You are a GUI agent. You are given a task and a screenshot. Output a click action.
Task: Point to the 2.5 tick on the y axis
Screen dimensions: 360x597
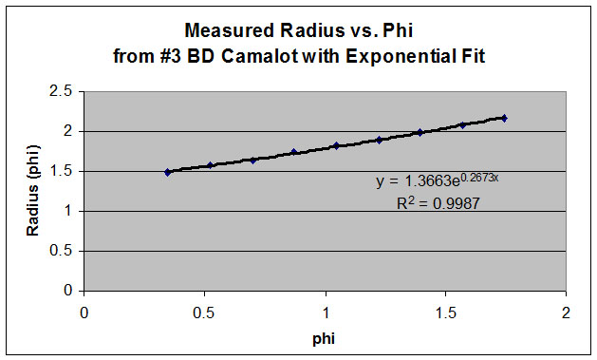click(62, 91)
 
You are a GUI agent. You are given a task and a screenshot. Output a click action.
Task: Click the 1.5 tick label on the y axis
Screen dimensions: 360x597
click(62, 171)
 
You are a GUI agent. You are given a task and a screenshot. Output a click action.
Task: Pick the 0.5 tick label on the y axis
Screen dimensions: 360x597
click(62, 251)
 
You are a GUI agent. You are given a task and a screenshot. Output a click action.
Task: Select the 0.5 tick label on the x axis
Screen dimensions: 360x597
click(204, 312)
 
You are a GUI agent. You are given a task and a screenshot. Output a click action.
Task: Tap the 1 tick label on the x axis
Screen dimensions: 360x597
click(325, 312)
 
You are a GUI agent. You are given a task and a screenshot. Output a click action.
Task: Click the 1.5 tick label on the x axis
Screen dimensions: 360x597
click(445, 312)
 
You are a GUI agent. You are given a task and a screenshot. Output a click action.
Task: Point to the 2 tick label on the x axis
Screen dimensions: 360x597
click(566, 312)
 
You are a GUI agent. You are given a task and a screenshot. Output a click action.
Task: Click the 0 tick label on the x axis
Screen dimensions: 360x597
click(84, 312)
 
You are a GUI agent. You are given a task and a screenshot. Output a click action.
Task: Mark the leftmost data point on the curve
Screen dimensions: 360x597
click(168, 172)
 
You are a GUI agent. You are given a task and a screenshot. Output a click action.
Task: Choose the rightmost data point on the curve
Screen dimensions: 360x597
click(504, 118)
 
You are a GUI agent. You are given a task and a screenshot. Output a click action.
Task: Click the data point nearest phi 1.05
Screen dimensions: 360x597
click(336, 145)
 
